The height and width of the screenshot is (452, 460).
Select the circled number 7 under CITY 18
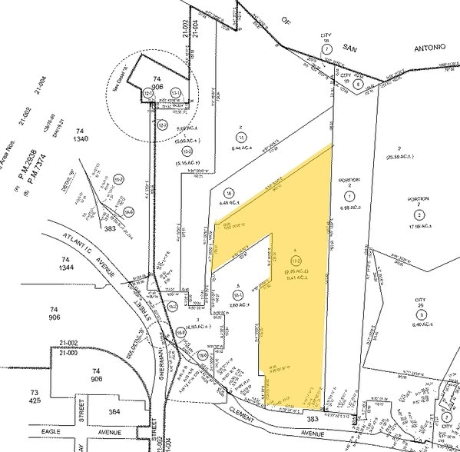point(326,48)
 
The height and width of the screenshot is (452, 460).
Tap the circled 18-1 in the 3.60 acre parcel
point(237,294)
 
